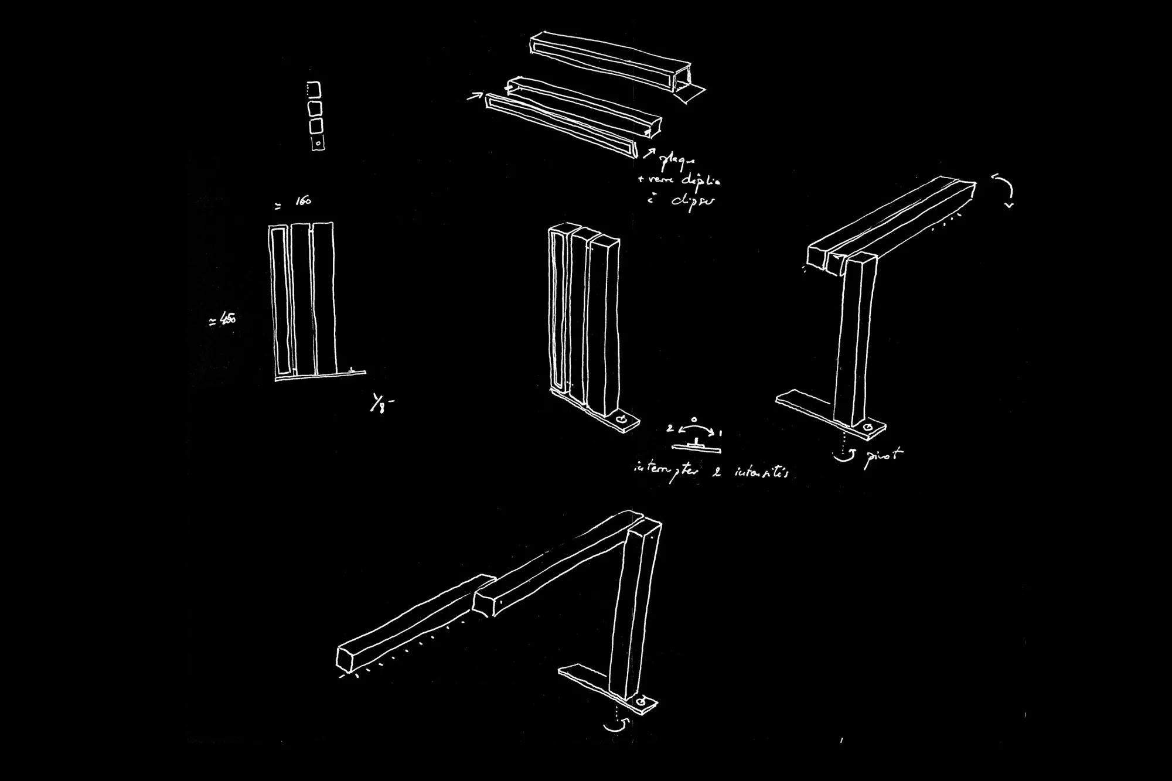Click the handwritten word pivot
point(884,457)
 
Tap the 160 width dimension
point(303,202)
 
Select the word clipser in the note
point(693,202)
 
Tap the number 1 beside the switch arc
point(720,433)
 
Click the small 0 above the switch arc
point(694,420)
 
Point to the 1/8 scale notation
point(380,404)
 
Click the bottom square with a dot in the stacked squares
point(318,142)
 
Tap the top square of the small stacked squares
point(315,90)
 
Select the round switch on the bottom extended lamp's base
point(643,701)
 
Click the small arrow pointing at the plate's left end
point(474,96)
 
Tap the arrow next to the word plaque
point(649,154)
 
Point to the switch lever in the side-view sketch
point(696,441)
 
